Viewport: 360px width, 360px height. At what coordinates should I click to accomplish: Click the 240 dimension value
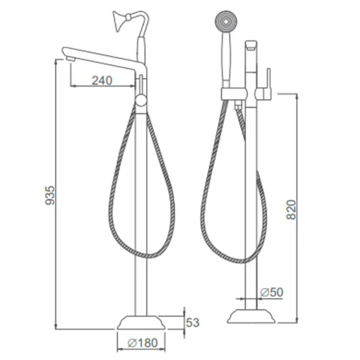tap(102, 80)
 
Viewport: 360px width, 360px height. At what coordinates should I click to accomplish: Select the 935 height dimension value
tap(50, 195)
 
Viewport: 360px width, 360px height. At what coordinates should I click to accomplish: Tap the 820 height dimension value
tap(292, 210)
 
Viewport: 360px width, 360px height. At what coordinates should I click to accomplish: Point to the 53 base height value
tap(193, 323)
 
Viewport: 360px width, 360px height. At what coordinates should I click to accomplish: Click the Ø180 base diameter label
tap(143, 343)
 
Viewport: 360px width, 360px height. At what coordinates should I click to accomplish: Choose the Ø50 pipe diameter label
tap(272, 292)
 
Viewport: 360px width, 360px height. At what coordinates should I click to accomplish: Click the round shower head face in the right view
tap(226, 21)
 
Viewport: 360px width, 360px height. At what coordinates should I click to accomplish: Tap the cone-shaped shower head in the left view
tap(119, 21)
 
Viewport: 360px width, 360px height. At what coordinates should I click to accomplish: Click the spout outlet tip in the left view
tap(70, 59)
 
